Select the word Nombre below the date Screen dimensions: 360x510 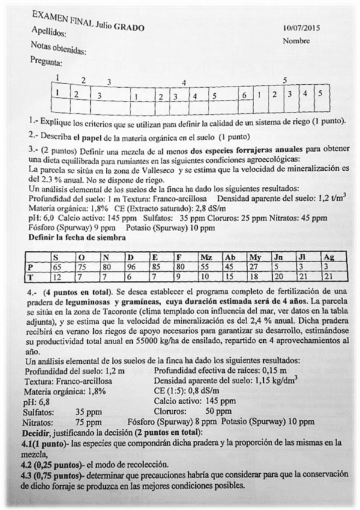[x=296, y=41]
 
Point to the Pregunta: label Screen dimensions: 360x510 [x=46, y=61]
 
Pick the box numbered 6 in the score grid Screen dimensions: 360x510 [x=244, y=95]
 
